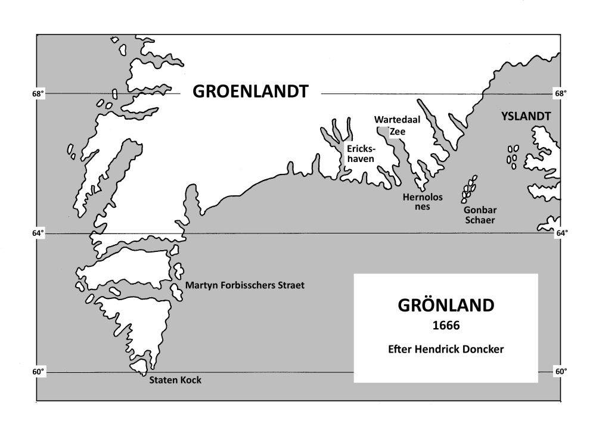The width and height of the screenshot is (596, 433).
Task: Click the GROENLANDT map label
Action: pyautogui.click(x=250, y=92)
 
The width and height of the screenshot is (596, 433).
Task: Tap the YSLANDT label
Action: pyautogui.click(x=524, y=117)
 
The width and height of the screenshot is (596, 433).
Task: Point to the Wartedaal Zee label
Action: pyautogui.click(x=389, y=126)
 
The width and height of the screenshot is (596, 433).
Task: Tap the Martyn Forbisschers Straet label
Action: pyautogui.click(x=244, y=285)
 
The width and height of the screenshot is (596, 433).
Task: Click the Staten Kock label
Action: pyautogui.click(x=176, y=380)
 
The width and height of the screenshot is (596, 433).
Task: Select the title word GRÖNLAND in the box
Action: pyautogui.click(x=445, y=306)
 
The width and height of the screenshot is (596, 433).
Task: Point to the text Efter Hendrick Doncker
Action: pyautogui.click(x=445, y=348)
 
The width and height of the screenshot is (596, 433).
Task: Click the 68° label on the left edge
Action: pyautogui.click(x=38, y=94)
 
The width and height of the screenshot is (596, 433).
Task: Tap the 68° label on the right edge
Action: pyautogui.click(x=561, y=94)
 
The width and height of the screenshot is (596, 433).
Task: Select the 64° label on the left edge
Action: pyautogui.click(x=38, y=233)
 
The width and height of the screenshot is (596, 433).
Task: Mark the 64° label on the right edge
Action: pyautogui.click(x=561, y=233)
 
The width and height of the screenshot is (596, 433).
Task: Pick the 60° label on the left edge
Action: pyautogui.click(x=38, y=372)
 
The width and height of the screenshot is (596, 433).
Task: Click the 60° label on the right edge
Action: pyautogui.click(x=561, y=372)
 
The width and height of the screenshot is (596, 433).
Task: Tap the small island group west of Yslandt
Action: pyautogui.click(x=512, y=156)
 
